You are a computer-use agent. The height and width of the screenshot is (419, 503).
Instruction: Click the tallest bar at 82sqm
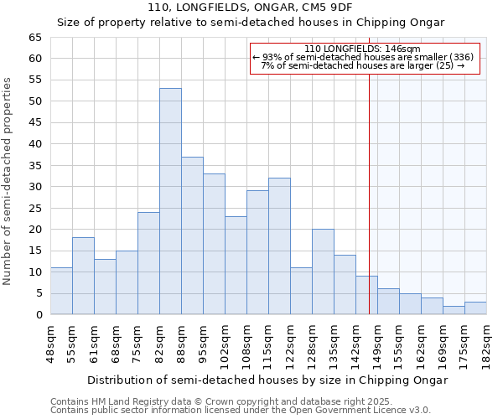[170, 201]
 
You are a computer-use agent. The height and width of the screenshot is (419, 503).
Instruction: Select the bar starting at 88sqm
[192, 235]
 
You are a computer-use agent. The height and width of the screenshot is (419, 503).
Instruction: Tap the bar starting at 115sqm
[279, 246]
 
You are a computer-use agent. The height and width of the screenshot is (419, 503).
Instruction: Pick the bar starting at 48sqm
[61, 291]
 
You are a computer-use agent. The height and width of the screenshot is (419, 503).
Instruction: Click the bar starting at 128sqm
[323, 272]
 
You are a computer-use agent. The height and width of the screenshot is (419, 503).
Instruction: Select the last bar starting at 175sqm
[475, 308]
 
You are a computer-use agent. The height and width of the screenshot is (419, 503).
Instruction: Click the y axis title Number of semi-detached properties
[8, 181]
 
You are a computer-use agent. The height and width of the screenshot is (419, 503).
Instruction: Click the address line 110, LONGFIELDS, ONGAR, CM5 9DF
[250, 8]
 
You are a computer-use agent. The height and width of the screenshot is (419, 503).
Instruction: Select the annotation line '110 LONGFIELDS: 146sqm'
[362, 49]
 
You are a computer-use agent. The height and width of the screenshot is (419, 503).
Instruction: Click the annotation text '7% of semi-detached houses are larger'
[362, 65]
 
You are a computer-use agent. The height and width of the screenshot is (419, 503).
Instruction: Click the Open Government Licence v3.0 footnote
[240, 411]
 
